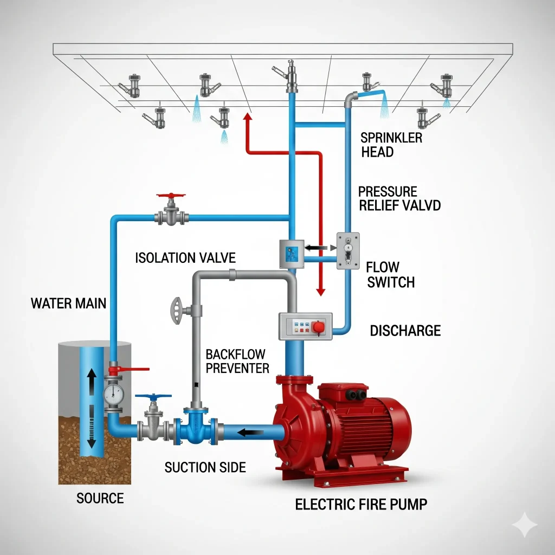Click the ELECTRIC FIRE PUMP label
pos(361,504)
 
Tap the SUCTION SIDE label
pos(205,467)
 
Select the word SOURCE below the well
pos(100,498)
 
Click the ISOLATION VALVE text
pos(185,257)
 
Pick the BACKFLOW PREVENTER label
pos(237,362)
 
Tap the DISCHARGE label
pos(405,330)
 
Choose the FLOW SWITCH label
pos(390,274)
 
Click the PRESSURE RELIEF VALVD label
pos(399,198)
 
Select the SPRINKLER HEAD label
pos(391,145)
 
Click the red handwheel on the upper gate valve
pos(170,195)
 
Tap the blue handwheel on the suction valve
pos(153,397)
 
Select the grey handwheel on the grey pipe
pos(175,311)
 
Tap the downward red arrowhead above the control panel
pos(320,291)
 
